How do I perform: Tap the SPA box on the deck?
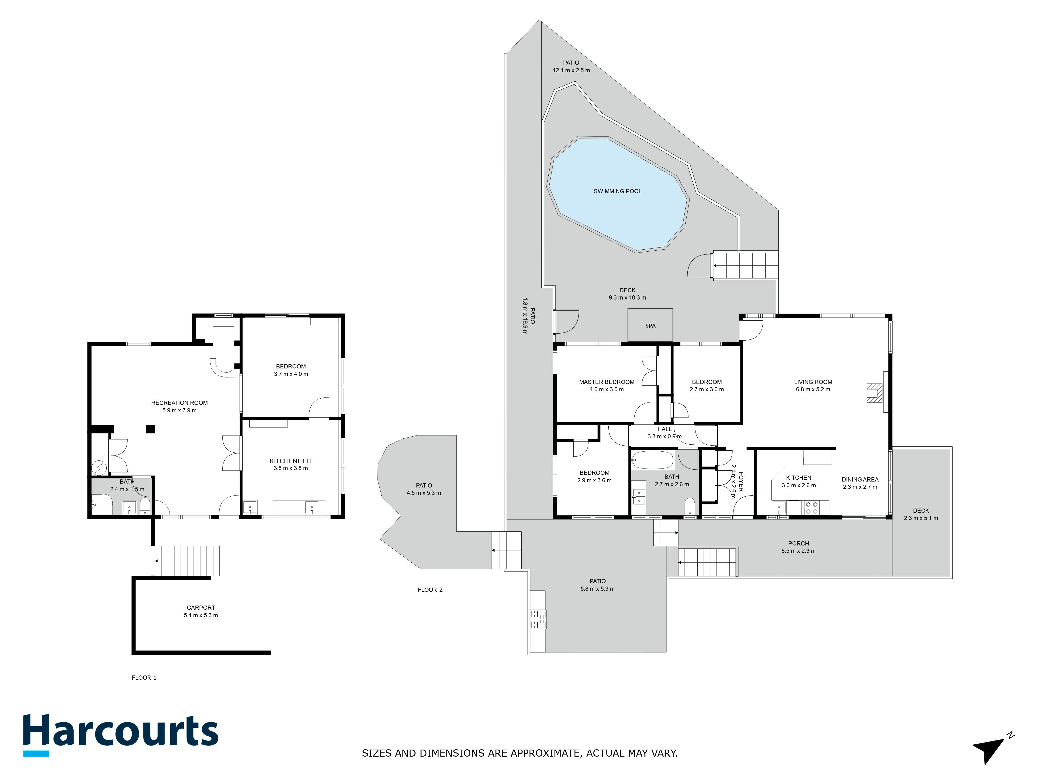(x=650, y=325)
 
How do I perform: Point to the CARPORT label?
(x=201, y=607)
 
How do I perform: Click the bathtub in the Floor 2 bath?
(x=653, y=460)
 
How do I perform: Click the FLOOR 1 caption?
(x=144, y=678)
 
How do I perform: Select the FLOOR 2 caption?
(x=430, y=590)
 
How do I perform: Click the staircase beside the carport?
(x=187, y=561)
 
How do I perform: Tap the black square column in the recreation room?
(x=151, y=429)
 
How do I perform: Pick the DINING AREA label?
(x=860, y=479)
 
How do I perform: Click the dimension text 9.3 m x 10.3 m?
(x=627, y=298)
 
